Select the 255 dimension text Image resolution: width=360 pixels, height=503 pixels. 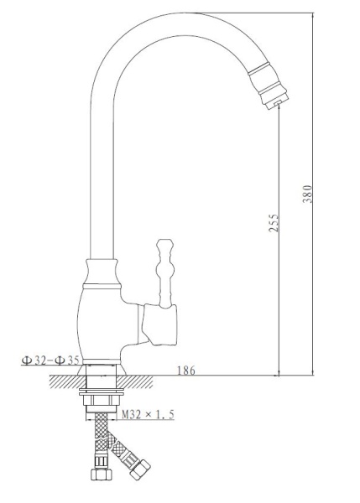click(274, 221)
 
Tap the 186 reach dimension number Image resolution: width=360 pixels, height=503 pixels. click(186, 370)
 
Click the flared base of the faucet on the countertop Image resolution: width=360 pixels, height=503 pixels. click(102, 366)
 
